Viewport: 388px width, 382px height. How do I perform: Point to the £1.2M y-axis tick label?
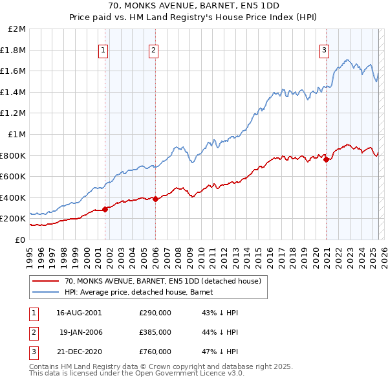14,113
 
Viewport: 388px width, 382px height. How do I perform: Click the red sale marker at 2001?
105,209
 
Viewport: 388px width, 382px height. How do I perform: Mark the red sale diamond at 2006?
155,199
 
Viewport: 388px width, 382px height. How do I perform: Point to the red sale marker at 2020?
326,159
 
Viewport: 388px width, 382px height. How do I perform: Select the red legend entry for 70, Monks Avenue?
162,281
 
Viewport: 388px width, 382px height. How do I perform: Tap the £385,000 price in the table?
155,332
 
